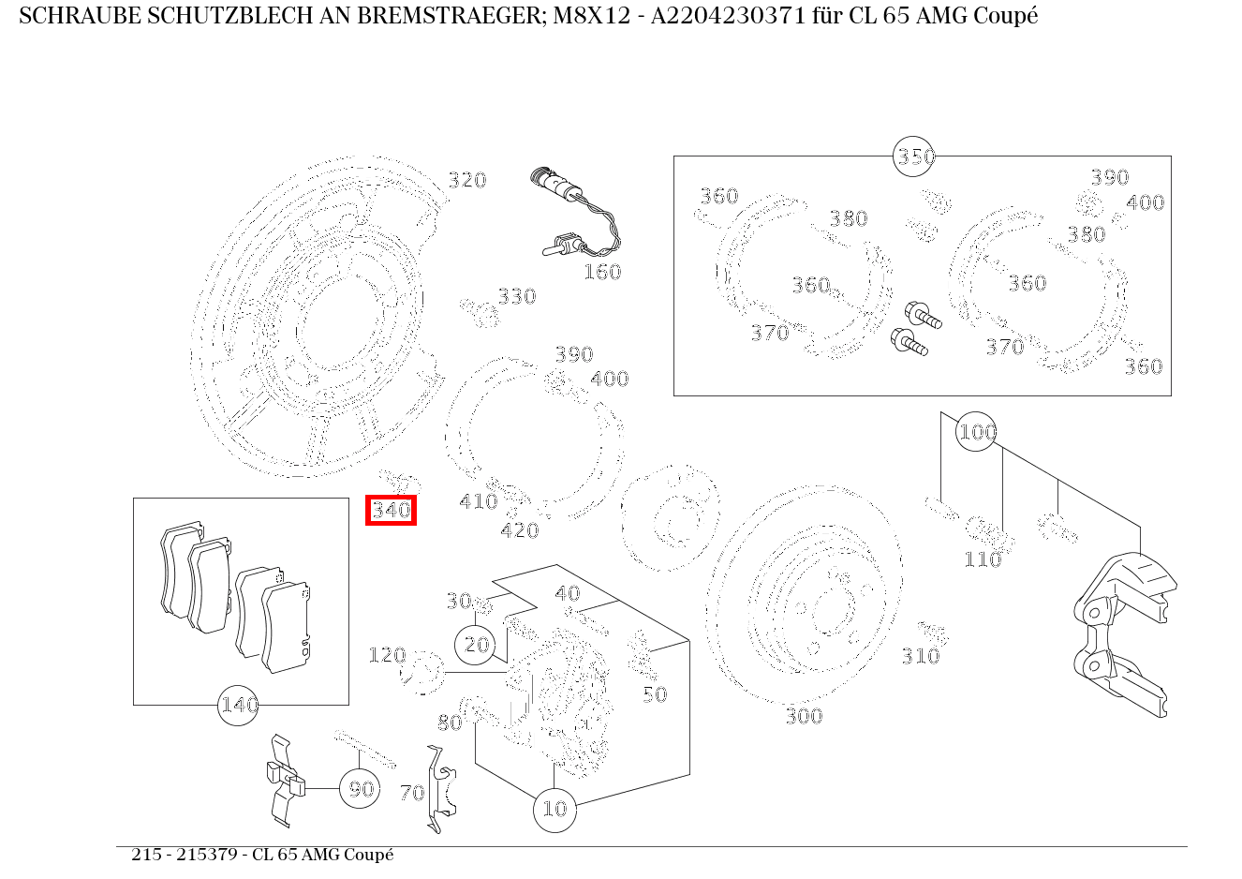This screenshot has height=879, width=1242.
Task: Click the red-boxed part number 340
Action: [391, 511]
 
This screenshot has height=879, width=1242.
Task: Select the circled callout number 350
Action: [915, 156]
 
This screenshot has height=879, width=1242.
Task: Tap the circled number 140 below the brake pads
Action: [238, 705]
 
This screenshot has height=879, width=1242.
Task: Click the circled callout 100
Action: [976, 432]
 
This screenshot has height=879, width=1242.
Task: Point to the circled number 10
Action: [554, 808]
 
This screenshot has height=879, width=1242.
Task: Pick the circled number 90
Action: [361, 789]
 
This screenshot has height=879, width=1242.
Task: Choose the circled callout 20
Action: [477, 645]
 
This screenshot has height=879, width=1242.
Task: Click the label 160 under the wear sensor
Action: [601, 273]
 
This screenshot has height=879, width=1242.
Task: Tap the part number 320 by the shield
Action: [466, 180]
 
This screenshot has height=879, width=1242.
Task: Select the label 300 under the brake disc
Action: [803, 717]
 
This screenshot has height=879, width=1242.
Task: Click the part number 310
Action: [920, 657]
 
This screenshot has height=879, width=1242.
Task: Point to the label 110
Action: [983, 560]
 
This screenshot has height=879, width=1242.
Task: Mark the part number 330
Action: [516, 297]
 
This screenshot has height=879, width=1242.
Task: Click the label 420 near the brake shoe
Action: [519, 531]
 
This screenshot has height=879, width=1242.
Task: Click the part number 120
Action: [386, 655]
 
